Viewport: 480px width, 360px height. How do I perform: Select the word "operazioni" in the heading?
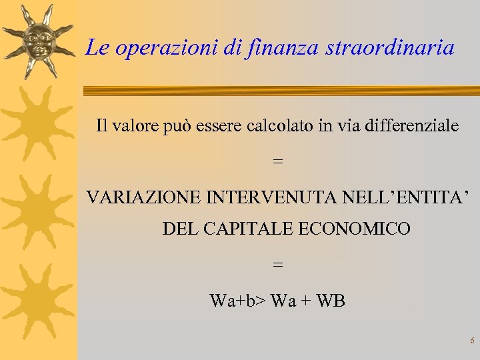167,48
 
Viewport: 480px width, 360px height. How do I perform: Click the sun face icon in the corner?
38,42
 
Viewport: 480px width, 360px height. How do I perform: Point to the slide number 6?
472,341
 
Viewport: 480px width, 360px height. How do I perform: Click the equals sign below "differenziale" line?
278,162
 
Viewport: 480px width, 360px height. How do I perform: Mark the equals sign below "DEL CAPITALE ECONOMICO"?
278,265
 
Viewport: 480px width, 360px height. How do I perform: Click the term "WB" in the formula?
331,301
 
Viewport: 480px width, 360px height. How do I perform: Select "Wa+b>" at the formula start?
238,301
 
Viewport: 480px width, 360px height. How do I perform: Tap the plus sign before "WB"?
307,301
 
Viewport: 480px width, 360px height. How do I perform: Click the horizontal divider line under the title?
280,90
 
